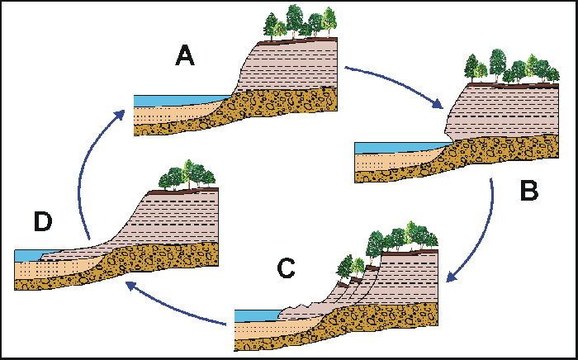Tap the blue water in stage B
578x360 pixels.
pos(388,148)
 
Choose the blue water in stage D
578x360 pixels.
pos(29,255)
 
